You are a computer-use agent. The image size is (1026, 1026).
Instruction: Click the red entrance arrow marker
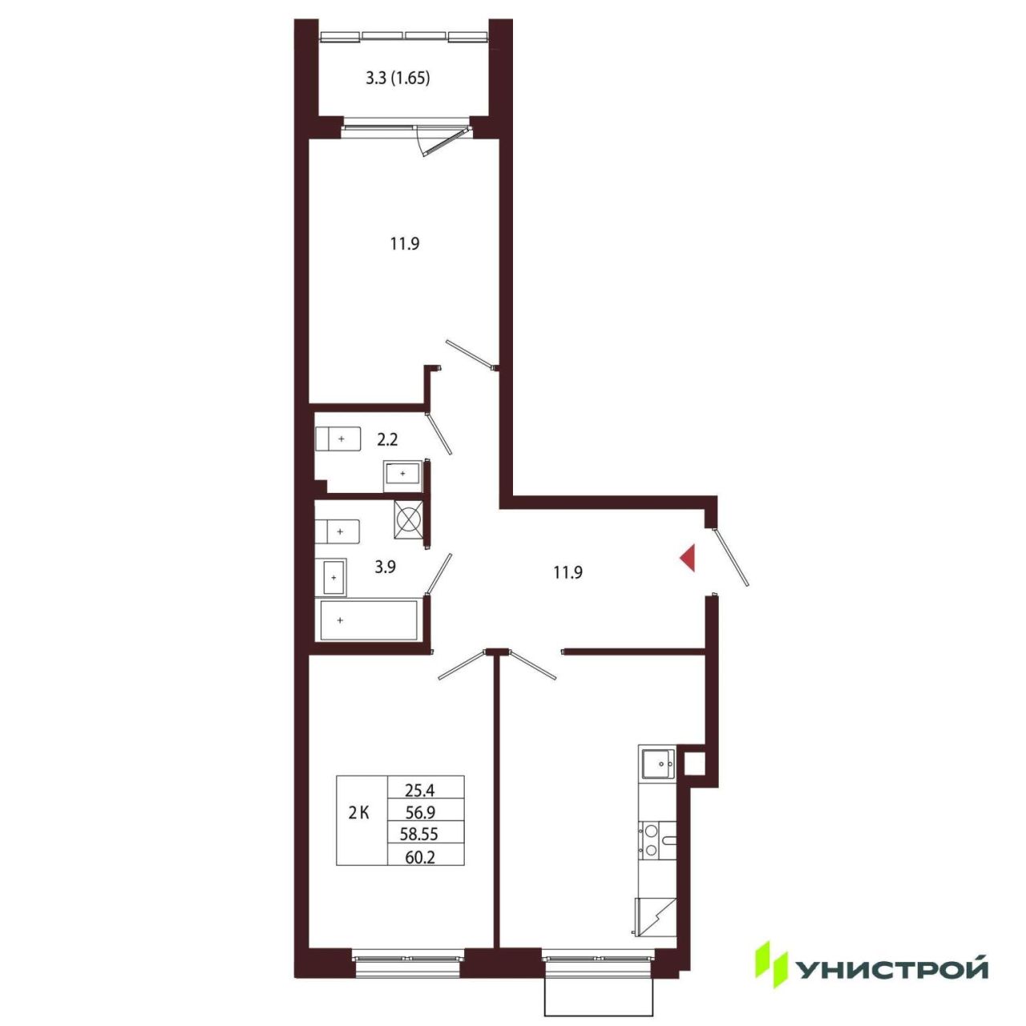(689, 559)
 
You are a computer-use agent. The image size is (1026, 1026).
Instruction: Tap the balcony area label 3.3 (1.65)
(398, 79)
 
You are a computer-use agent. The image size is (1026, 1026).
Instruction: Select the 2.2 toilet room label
(387, 440)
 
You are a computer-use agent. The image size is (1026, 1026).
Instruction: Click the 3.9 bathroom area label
(385, 567)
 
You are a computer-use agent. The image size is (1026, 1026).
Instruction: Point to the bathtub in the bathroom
(368, 620)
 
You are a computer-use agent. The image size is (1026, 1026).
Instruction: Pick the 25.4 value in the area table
(419, 791)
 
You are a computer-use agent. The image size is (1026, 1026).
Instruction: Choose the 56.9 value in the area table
(420, 813)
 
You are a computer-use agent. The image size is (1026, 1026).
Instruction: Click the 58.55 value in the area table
(419, 834)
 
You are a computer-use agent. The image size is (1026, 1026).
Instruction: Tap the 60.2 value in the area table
(420, 857)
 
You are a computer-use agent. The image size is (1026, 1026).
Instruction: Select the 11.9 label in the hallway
(568, 573)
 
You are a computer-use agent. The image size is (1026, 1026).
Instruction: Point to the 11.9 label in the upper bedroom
(405, 244)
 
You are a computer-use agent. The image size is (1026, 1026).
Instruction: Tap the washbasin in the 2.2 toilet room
(403, 474)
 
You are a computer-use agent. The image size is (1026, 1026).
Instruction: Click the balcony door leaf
(446, 140)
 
